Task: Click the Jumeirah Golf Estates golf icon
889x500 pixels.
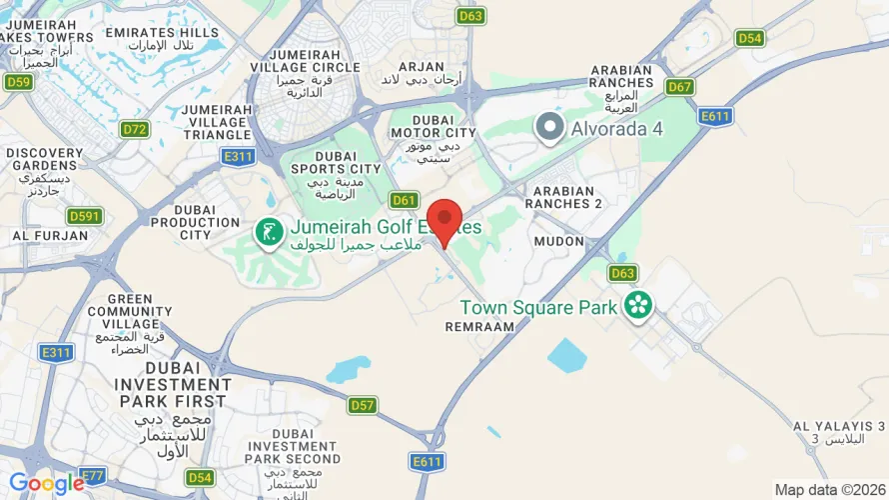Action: [268, 233]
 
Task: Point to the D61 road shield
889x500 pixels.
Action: [404, 200]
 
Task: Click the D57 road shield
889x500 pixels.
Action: [364, 405]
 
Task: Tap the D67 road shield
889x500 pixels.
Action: [680, 87]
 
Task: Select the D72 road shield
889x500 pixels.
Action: [134, 129]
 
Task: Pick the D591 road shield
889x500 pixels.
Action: [85, 216]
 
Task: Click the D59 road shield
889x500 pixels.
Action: [18, 82]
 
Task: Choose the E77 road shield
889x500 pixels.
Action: [91, 475]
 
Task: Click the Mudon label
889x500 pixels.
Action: [557, 241]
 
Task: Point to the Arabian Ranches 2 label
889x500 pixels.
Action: [568, 197]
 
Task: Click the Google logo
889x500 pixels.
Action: [47, 484]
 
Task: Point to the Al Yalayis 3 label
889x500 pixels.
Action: [839, 432]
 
